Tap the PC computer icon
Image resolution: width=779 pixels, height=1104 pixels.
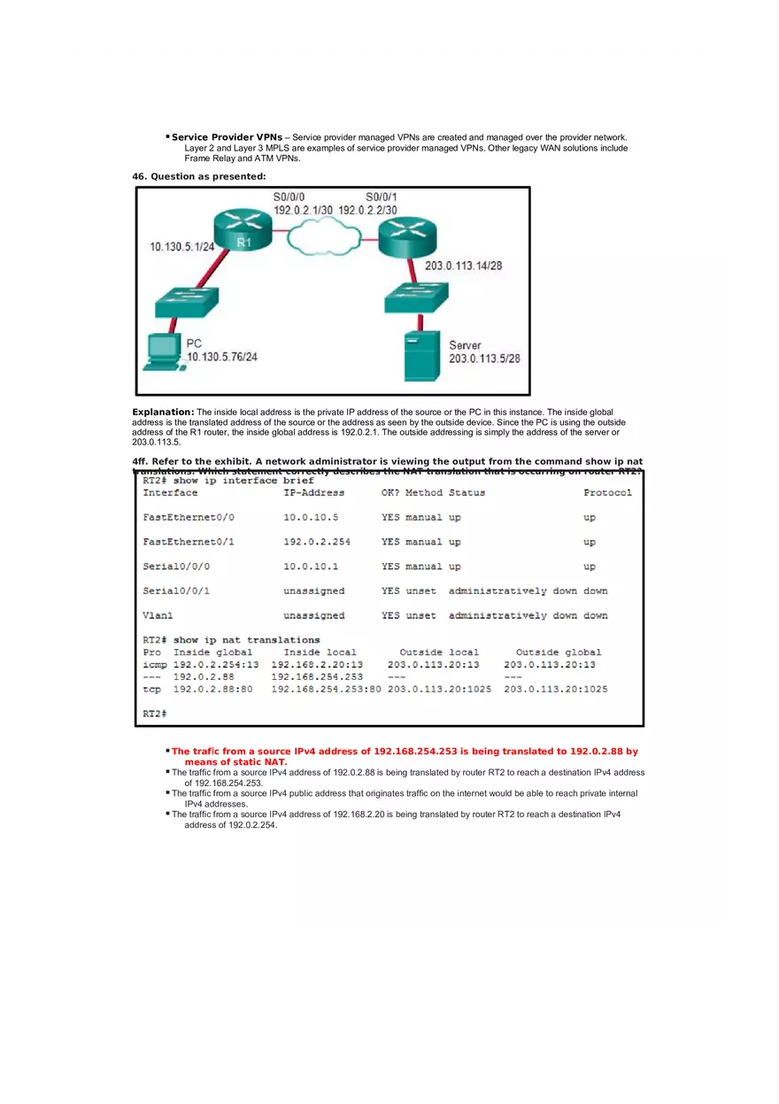point(161,351)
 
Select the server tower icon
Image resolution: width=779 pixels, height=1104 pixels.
point(422,355)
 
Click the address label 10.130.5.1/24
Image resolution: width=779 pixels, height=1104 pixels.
point(182,247)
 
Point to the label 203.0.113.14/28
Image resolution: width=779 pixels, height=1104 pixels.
point(464,265)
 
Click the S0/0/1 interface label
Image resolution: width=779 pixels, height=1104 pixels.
point(382,197)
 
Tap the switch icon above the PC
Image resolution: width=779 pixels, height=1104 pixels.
point(186,301)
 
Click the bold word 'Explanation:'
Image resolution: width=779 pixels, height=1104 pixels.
point(163,412)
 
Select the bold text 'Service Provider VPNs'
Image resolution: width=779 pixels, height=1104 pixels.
point(227,137)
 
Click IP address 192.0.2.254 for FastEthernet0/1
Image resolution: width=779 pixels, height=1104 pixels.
point(316,542)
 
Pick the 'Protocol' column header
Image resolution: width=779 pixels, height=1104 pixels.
point(607,492)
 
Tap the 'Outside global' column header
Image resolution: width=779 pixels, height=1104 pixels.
point(558,652)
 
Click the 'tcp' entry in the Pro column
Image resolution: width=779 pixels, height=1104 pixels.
point(152,689)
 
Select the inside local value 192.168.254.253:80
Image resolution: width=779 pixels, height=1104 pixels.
point(326,689)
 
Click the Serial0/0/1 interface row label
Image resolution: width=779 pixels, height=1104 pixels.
point(176,591)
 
